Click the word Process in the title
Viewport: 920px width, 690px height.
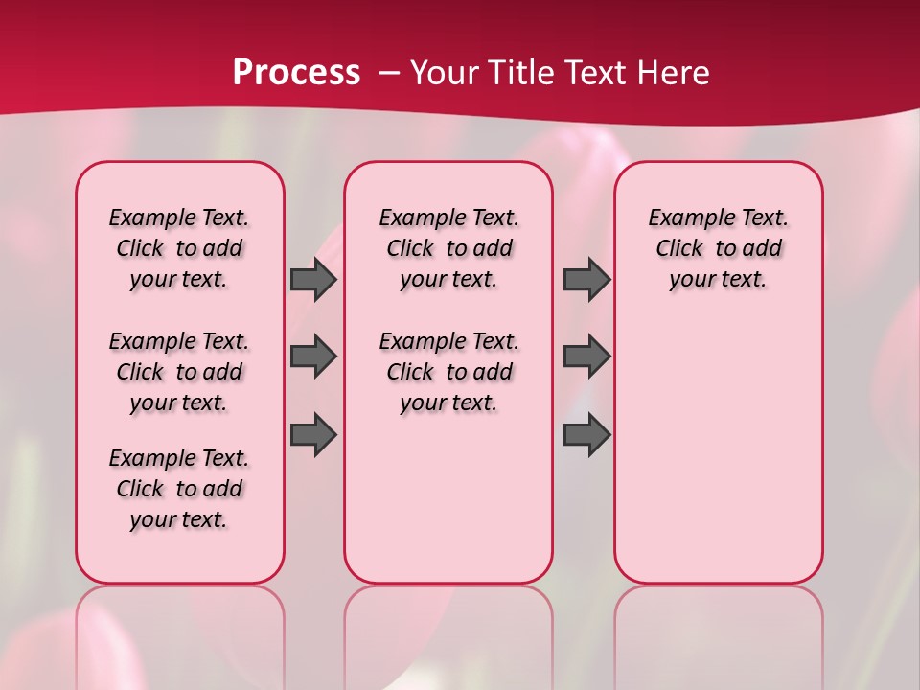(x=296, y=73)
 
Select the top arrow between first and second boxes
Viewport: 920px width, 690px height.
(x=312, y=279)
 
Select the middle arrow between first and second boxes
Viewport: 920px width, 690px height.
(x=312, y=356)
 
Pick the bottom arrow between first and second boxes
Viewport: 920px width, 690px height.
(x=312, y=435)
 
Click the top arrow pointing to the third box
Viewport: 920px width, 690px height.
(x=586, y=279)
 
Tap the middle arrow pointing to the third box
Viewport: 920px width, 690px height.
(x=586, y=356)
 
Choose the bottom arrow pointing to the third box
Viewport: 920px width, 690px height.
(x=586, y=435)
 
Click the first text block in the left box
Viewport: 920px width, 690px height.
(x=179, y=248)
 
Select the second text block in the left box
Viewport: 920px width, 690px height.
(x=179, y=372)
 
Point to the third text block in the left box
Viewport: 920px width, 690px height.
(x=179, y=489)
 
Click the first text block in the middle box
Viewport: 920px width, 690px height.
(x=448, y=248)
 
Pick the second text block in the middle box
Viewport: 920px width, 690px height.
(x=448, y=372)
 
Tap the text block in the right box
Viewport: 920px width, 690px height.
(x=718, y=248)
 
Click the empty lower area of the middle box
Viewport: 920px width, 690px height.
(x=448, y=498)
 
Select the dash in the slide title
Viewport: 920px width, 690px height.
(x=389, y=73)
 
